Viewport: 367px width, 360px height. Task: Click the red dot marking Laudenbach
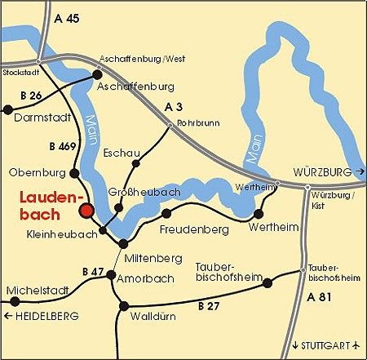point(86,211)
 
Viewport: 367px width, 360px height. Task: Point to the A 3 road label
point(174,107)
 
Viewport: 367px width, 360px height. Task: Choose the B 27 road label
point(210,306)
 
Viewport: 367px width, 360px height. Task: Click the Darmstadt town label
point(41,117)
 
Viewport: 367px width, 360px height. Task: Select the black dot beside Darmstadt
point(7,108)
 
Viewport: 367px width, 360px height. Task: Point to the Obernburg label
point(37,172)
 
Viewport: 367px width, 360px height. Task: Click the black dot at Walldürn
point(124,307)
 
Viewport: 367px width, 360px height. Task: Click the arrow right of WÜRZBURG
point(360,172)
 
